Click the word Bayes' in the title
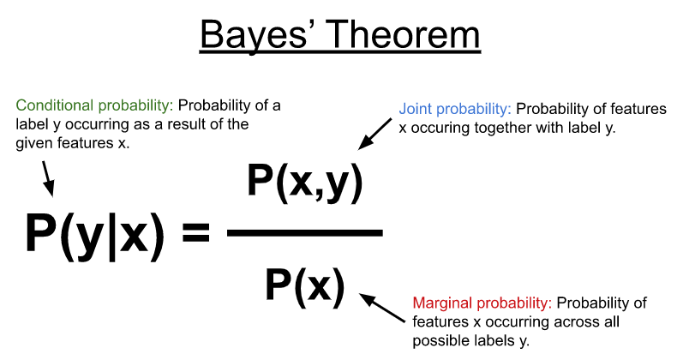(x=254, y=36)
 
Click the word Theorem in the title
(x=402, y=34)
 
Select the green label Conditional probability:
(x=94, y=106)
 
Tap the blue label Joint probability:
(x=455, y=110)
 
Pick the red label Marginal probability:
(x=482, y=303)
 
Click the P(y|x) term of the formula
(x=95, y=233)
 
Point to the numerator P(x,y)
(x=305, y=181)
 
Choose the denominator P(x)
(x=305, y=286)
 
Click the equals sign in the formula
(x=196, y=232)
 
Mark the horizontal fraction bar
(x=305, y=233)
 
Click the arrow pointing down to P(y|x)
(x=48, y=178)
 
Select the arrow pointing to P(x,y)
(x=374, y=134)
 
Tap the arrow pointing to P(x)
(x=382, y=308)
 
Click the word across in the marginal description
(x=577, y=322)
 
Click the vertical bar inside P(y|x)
(x=112, y=236)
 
